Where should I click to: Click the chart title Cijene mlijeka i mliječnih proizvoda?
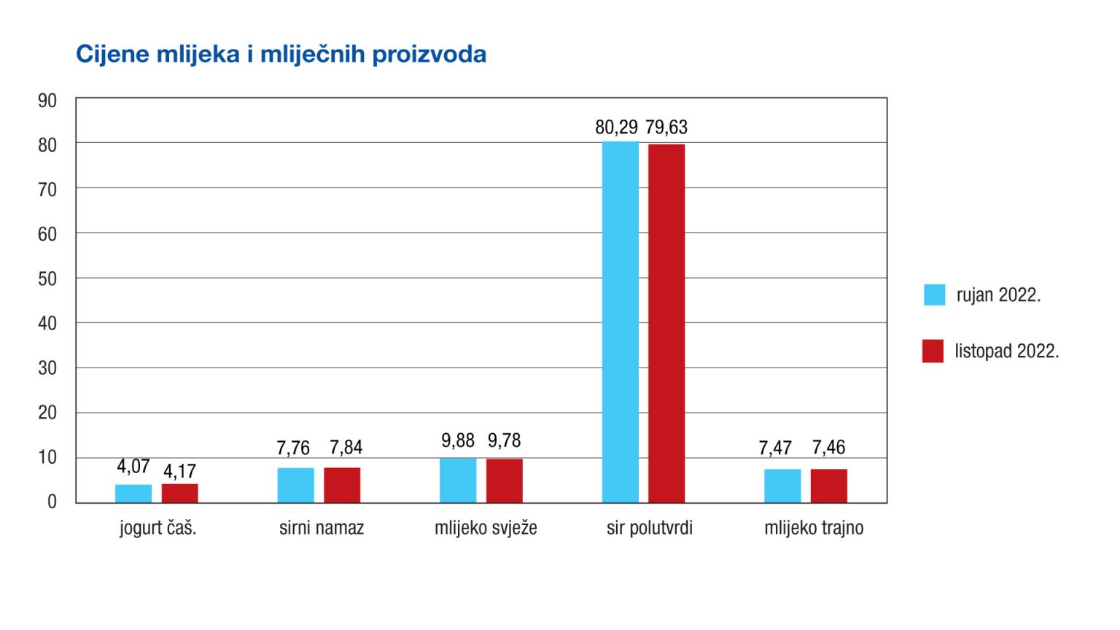[x=281, y=55]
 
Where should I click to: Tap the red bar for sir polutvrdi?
[x=666, y=324]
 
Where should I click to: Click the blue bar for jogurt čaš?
[x=133, y=494]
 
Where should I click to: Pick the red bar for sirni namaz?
[x=342, y=485]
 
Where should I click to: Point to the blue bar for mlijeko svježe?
[x=458, y=481]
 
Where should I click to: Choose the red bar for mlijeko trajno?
[x=829, y=486]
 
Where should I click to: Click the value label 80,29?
[x=616, y=128]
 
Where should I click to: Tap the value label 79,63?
[x=666, y=128]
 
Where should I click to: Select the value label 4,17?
[x=179, y=471]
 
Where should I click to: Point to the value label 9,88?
[x=458, y=440]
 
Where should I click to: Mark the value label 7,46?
[x=829, y=447]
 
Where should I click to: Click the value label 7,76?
[x=293, y=448]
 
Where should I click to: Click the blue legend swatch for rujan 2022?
[x=934, y=295]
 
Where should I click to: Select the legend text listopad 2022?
[x=1006, y=351]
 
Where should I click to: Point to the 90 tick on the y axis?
[x=47, y=101]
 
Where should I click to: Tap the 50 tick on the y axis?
[x=47, y=279]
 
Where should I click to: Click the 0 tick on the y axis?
[x=52, y=502]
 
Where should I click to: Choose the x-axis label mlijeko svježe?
[x=486, y=528]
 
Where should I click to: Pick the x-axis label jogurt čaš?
[x=158, y=528]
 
